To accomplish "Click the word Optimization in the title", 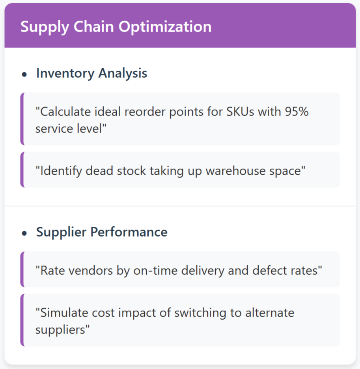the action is [x=165, y=27].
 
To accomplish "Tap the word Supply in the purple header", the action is [x=45, y=27].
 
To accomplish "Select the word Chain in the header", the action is [x=94, y=26].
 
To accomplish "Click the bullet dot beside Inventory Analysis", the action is [x=24, y=75].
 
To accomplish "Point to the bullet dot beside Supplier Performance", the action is [x=24, y=233].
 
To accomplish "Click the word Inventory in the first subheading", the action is [x=65, y=73].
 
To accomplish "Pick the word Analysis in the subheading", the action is [x=123, y=73].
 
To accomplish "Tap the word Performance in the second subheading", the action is [x=129, y=232].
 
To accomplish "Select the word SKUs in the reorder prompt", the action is [x=240, y=112].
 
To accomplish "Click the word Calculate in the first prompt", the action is [x=63, y=112].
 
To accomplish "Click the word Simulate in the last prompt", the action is [x=62, y=313].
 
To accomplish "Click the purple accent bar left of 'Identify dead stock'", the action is [x=22, y=170].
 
